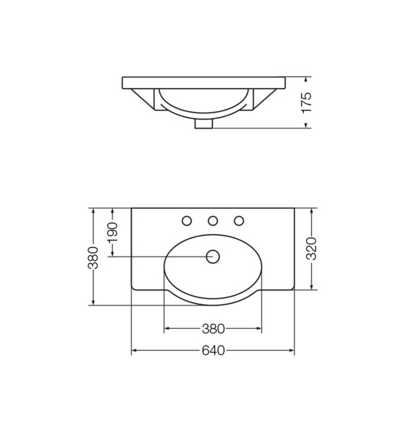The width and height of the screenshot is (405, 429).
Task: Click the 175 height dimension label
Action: coord(306,102)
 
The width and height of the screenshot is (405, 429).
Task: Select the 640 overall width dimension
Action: coord(213,351)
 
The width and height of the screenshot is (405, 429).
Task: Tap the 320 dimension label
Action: coord(311,249)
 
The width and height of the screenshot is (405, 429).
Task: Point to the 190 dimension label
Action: coord(112,233)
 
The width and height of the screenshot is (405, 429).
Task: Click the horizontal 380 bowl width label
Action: coord(213,329)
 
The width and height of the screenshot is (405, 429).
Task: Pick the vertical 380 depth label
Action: coord(93,258)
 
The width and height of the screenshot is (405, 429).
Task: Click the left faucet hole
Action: coord(187,221)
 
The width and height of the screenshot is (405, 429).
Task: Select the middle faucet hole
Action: coord(213,221)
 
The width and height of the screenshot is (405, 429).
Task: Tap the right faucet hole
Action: coord(239,221)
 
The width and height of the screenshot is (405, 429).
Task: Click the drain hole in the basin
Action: coord(213,256)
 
